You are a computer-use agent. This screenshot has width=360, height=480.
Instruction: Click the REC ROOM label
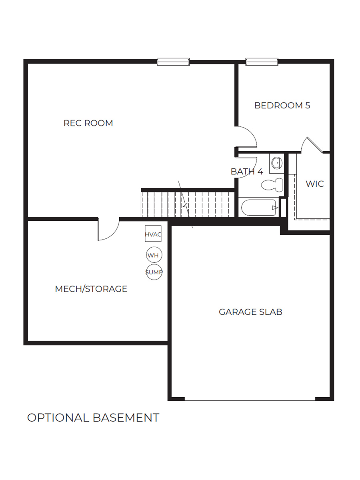coord(88,123)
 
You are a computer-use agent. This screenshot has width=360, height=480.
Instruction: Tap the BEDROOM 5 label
coord(282,106)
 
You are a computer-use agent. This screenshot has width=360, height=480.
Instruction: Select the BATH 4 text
coord(247,172)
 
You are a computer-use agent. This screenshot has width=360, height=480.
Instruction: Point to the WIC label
coord(314,184)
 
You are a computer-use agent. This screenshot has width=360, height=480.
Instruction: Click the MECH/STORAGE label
coord(91,289)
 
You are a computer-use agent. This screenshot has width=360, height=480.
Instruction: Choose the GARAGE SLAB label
coord(250,312)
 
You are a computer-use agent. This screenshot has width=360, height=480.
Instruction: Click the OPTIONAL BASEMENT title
coord(93,418)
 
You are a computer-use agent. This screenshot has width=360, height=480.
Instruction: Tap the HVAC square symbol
coord(153,234)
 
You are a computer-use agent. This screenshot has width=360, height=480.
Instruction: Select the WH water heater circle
coord(153,255)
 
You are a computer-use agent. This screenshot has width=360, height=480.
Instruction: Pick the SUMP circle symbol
coord(154,272)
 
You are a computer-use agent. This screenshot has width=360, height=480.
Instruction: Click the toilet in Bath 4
coord(272,184)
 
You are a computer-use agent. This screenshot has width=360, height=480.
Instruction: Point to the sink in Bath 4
coord(276,163)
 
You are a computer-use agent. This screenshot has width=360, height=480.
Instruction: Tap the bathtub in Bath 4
coord(260,208)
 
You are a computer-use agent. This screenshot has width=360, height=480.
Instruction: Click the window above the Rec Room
coord(173,62)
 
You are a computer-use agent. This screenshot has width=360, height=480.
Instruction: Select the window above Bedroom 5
coord(262,62)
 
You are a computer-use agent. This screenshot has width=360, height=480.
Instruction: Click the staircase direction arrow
coord(185,204)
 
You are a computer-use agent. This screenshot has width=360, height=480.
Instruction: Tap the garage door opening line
coord(250,400)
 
